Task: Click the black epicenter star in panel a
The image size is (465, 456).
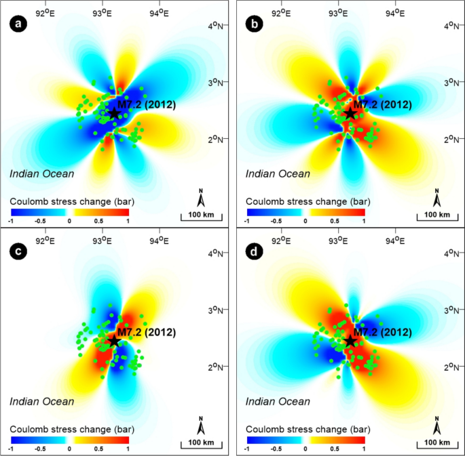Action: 113,114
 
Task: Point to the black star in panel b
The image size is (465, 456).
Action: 349,114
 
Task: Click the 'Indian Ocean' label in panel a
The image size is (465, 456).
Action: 41,173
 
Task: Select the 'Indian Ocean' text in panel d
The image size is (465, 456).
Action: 277,401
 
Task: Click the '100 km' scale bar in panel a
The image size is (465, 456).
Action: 202,216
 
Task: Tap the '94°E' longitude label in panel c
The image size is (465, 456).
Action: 159,238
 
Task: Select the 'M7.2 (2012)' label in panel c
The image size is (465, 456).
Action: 146,332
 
